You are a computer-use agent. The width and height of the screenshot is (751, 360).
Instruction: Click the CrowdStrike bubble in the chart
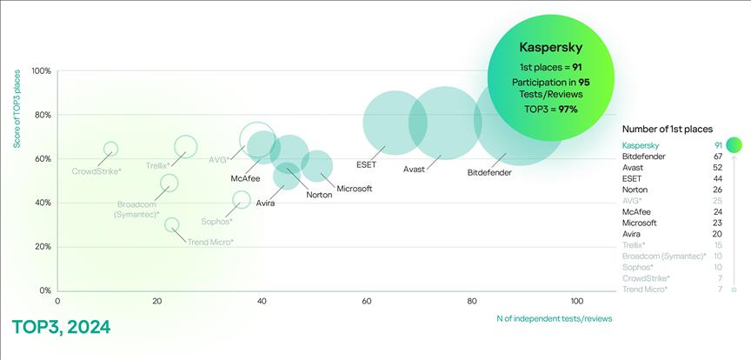110,150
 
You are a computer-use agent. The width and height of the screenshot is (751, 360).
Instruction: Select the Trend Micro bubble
172,225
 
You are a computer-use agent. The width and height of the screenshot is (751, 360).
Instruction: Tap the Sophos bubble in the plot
242,200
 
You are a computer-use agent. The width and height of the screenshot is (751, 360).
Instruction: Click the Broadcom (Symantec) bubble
169,183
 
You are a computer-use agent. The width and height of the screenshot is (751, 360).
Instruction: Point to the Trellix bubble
185,147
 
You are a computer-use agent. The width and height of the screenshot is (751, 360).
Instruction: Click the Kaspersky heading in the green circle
551,47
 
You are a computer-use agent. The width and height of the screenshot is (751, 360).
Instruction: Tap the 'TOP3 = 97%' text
551,109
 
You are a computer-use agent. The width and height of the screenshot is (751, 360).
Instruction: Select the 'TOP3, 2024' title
61,328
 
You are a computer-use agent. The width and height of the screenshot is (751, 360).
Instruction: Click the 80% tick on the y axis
42,115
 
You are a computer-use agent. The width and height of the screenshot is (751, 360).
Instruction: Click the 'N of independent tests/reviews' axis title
554,318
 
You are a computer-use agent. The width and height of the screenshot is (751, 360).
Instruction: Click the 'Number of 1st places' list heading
668,129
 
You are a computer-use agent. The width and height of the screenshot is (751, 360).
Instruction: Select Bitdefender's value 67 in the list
718,157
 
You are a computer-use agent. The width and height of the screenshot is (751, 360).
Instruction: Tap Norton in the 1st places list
635,190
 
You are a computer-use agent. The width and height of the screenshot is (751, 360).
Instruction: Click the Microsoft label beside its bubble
354,189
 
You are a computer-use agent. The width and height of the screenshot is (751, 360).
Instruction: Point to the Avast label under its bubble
414,170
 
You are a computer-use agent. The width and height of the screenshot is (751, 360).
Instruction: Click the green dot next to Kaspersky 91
734,145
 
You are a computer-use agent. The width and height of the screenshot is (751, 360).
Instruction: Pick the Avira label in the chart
265,203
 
